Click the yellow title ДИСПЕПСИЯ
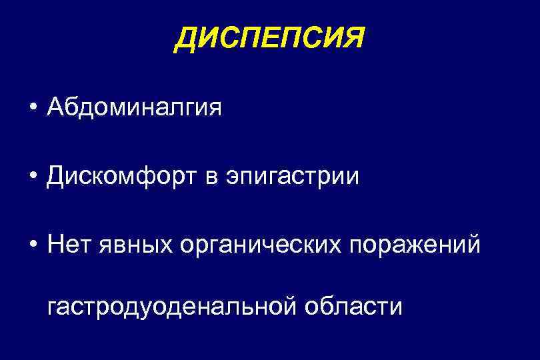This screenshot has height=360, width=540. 269,39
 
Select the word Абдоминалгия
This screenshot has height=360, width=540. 134,107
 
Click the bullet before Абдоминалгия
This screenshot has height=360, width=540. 32,107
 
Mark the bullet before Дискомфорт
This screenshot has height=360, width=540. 32,177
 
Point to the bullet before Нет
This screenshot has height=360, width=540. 32,245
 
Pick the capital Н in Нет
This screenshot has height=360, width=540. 56,245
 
